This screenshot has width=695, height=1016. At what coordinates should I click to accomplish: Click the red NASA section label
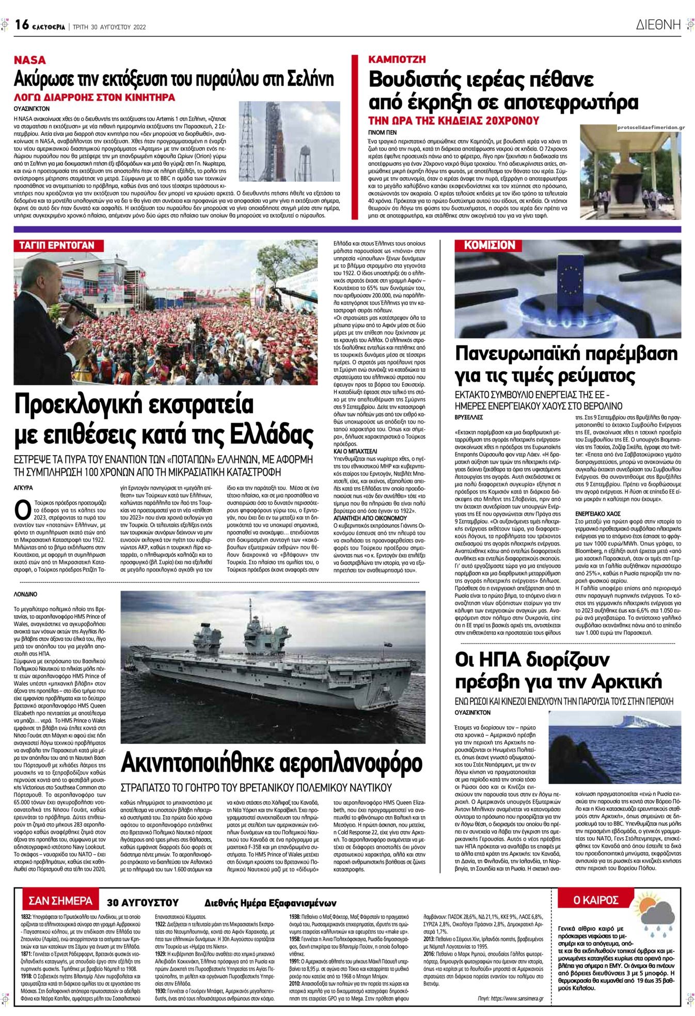(29, 60)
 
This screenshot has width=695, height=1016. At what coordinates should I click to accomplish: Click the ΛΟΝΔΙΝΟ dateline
(25, 595)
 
